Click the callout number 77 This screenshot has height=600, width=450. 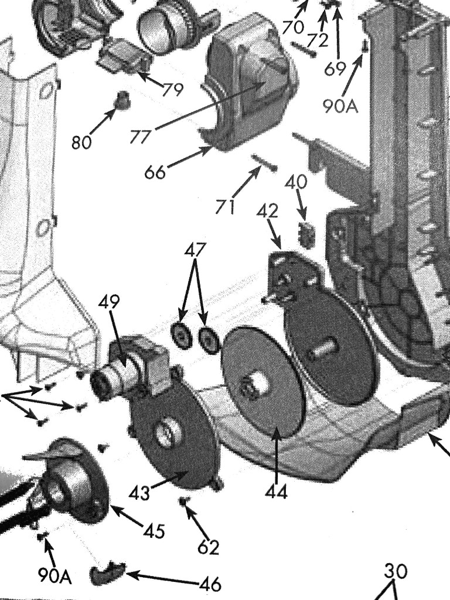pyautogui.click(x=141, y=137)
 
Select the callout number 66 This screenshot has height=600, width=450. pyautogui.click(x=155, y=172)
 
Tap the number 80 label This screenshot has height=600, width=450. pyautogui.click(x=81, y=142)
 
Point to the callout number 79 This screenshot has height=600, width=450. pyautogui.click(x=173, y=90)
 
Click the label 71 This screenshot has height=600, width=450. pyautogui.click(x=225, y=206)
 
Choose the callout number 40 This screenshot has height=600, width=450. pyautogui.click(x=296, y=182)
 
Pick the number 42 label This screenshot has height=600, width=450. pyautogui.click(x=267, y=212)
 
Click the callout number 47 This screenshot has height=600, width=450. pyautogui.click(x=195, y=250)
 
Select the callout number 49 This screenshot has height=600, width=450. pyautogui.click(x=109, y=302)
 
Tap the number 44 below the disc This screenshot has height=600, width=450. pyautogui.click(x=276, y=492)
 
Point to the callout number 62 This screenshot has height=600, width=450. pyautogui.click(x=208, y=547)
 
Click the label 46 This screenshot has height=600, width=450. pyautogui.click(x=210, y=584)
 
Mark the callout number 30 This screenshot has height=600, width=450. pyautogui.click(x=396, y=571)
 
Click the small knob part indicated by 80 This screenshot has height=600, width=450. pyautogui.click(x=122, y=100)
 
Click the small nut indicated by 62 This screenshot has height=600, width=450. pyautogui.click(x=185, y=501)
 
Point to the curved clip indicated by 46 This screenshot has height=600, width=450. pyautogui.click(x=108, y=572)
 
